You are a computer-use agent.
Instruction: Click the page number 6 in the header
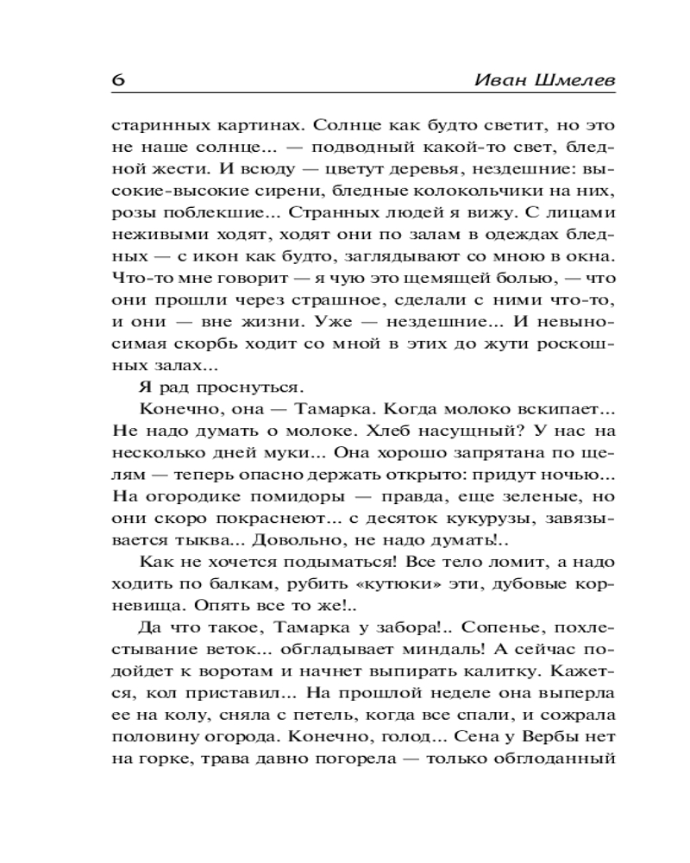pos(119,79)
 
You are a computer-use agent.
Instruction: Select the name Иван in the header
pos(499,79)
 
